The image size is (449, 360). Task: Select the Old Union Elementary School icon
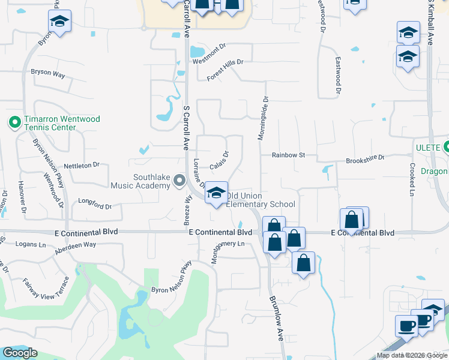point(216,193)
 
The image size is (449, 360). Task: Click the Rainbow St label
point(289,155)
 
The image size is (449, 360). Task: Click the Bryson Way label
point(47,73)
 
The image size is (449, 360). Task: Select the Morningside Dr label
point(262,118)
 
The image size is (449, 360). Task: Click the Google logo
point(20,353)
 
